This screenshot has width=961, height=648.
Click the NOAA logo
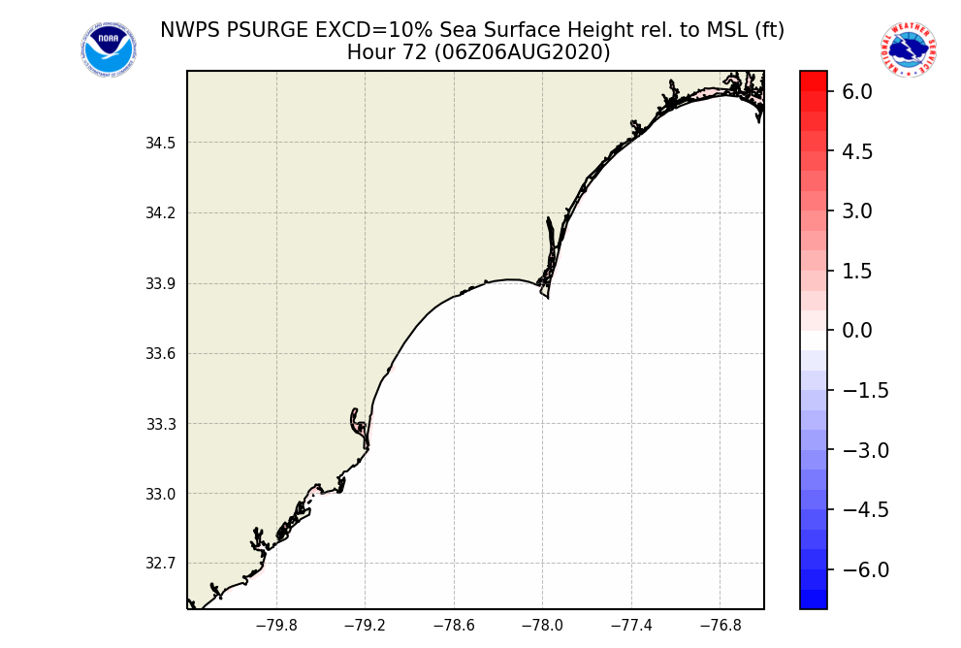[x=108, y=50]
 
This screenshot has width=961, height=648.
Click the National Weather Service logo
[x=908, y=50]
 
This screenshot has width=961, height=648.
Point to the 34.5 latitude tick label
[x=161, y=144]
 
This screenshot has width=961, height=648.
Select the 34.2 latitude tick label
[x=161, y=213]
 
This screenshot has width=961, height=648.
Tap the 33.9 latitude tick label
[x=161, y=284]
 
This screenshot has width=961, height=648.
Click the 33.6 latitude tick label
[x=161, y=354]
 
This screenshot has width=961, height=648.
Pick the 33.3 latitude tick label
[x=161, y=424]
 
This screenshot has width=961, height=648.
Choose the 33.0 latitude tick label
[x=161, y=494]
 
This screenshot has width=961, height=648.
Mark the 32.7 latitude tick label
[x=161, y=564]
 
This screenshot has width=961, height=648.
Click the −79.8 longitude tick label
[x=275, y=626]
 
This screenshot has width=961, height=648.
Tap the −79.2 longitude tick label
[x=365, y=626]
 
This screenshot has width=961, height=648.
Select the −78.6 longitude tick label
[x=453, y=626]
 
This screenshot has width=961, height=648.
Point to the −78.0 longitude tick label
[x=542, y=626]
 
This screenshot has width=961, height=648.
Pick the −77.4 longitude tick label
[x=631, y=626]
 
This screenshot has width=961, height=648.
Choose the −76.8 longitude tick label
[x=720, y=626]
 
